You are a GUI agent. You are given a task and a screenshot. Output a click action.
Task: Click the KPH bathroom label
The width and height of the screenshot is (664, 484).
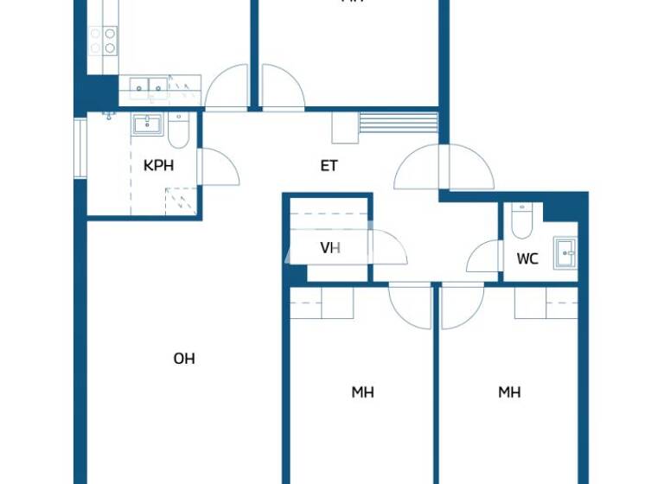158,165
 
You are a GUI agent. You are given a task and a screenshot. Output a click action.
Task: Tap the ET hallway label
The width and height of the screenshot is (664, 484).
329,165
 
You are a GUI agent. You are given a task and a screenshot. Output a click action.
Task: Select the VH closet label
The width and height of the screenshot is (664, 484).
330,248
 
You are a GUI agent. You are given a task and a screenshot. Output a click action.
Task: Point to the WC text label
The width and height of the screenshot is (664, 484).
527,258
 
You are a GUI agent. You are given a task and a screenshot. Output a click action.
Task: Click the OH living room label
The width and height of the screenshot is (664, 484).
184,359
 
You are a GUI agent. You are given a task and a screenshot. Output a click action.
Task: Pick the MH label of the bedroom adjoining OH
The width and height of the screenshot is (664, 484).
362,392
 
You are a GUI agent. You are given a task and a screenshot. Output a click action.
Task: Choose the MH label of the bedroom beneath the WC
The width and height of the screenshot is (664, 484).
509,392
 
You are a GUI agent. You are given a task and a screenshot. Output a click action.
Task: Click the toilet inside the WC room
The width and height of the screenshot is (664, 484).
522,221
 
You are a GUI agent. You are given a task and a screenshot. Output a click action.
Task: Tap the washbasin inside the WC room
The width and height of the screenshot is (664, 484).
565,252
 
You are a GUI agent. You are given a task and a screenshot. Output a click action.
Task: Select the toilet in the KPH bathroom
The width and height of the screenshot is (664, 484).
179,131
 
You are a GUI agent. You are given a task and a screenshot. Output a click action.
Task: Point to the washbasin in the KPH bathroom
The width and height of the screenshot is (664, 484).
145,125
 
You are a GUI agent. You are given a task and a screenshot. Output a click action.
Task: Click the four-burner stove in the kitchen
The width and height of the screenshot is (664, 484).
103,39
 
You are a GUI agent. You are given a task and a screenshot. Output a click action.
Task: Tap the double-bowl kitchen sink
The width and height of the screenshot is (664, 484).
149,85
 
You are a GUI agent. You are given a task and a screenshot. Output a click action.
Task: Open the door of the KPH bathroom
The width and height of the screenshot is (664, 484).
217,165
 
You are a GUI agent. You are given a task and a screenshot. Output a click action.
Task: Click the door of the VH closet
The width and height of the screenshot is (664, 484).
389,248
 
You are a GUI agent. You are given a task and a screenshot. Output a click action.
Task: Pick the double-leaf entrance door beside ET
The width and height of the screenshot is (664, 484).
443,168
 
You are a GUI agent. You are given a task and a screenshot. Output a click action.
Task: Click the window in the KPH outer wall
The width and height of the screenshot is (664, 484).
80,147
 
